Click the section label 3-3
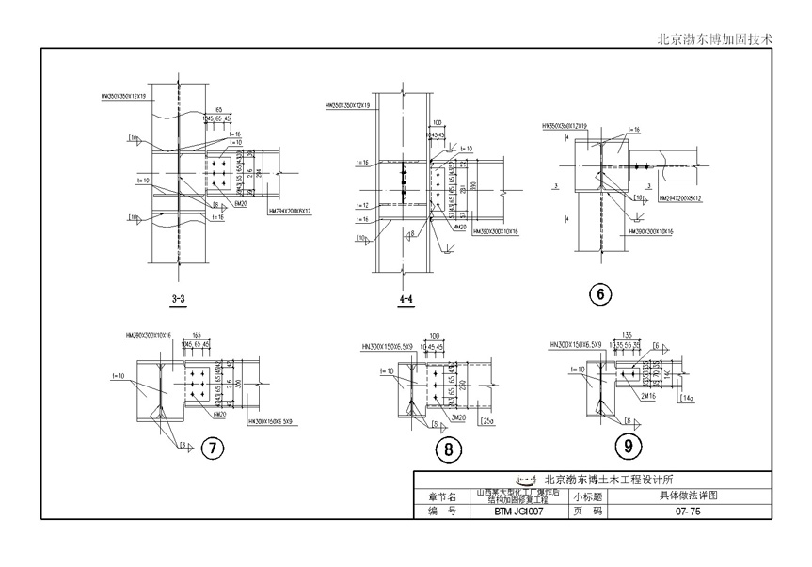click(x=178, y=300)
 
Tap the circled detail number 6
click(x=599, y=295)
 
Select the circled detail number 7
click(x=213, y=448)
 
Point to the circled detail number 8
click(x=449, y=449)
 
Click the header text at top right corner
click(x=713, y=39)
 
